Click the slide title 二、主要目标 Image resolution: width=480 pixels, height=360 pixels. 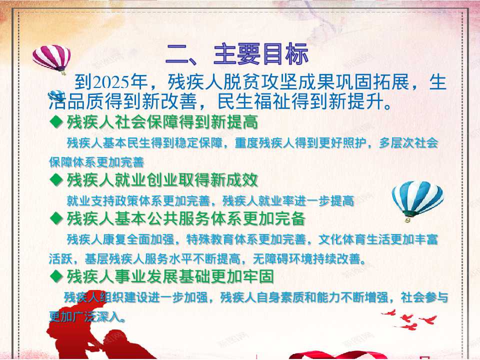[x=236, y=54]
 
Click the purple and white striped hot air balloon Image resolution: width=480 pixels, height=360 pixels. [x=51, y=58]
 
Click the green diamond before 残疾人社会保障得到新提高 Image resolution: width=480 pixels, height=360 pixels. [x=56, y=122]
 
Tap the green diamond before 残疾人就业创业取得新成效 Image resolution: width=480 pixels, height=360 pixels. [x=56, y=179]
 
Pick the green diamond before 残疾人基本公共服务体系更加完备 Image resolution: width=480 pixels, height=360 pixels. [x=56, y=218]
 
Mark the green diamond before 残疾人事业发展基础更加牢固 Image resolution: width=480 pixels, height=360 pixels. [x=56, y=276]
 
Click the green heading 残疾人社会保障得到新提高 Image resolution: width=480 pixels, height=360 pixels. [x=162, y=122]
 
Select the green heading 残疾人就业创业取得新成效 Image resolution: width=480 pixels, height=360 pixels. [x=162, y=179]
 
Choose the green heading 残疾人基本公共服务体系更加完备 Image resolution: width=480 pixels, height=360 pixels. [x=186, y=218]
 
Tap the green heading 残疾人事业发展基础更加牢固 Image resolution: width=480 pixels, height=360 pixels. [x=170, y=276]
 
